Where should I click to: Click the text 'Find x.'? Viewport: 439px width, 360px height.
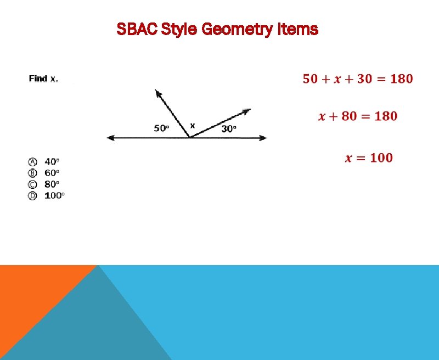click(x=43, y=79)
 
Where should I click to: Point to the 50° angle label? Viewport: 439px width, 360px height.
click(x=161, y=128)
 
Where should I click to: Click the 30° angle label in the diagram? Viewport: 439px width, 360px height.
click(x=229, y=128)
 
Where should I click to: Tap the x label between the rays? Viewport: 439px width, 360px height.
click(x=192, y=126)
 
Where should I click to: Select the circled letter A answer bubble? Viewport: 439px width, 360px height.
click(x=33, y=162)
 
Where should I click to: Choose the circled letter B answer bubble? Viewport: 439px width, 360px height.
click(x=33, y=173)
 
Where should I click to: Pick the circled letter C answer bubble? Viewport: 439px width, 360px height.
click(x=33, y=184)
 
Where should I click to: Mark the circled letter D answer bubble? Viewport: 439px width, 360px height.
click(x=33, y=195)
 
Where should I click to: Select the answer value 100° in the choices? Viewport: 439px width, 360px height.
click(x=54, y=195)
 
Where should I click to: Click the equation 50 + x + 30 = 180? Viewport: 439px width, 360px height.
click(x=358, y=79)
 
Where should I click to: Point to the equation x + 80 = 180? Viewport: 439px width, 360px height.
click(x=358, y=116)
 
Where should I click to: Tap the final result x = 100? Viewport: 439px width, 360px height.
click(x=369, y=158)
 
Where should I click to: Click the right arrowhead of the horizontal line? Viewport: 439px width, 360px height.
click(x=264, y=137)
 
